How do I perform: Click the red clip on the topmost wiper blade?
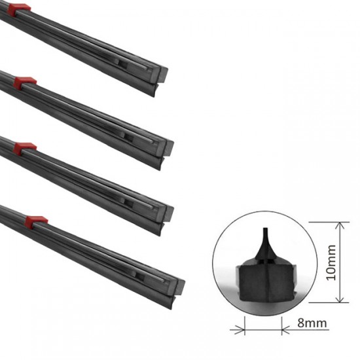tap(19, 9)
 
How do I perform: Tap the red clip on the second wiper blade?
tap(25, 82)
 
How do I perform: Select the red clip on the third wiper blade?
tap(25, 148)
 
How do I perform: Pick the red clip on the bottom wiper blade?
tap(36, 222)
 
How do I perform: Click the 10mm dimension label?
tap(331, 262)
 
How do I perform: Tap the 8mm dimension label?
tap(312, 323)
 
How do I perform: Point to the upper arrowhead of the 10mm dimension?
tap(340, 226)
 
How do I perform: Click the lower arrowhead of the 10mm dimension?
tap(340, 298)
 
